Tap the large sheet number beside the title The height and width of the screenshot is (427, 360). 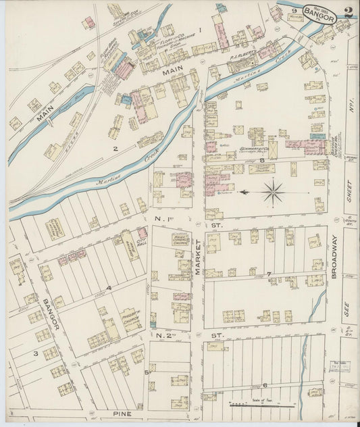(x=348, y=11)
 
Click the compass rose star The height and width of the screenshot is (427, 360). (x=273, y=192)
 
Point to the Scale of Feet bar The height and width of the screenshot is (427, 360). (x=261, y=405)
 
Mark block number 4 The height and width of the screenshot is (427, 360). (x=108, y=287)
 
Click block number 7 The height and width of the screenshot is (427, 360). (x=269, y=274)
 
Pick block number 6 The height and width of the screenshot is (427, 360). (x=265, y=384)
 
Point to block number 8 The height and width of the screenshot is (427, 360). (x=261, y=159)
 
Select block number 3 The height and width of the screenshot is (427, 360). (x=36, y=353)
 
